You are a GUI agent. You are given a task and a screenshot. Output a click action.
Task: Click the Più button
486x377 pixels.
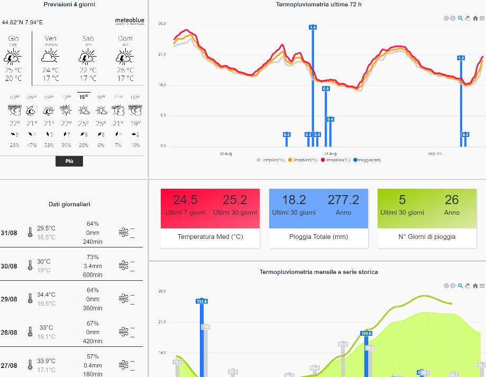69,161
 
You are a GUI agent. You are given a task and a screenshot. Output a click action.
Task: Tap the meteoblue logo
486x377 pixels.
130,22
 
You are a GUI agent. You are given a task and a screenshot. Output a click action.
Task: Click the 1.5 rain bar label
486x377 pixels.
313,27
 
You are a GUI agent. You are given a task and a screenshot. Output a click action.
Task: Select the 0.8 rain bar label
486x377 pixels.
326,88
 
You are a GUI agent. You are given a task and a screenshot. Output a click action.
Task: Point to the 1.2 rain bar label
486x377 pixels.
461,58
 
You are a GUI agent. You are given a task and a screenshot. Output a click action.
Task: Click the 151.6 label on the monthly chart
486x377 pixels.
201,301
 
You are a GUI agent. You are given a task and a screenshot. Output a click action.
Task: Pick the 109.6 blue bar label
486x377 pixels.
366,333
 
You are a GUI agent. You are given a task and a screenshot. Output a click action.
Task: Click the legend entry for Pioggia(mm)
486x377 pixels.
367,160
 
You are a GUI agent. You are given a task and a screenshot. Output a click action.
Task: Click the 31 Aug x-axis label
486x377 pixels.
330,153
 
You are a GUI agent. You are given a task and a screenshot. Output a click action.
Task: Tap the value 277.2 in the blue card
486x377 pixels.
343,199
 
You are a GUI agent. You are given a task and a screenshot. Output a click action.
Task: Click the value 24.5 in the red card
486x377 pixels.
185,199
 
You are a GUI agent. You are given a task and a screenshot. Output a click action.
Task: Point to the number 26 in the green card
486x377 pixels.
452,199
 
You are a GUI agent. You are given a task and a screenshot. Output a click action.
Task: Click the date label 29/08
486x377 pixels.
9,299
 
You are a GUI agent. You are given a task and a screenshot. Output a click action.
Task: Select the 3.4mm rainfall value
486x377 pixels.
93,266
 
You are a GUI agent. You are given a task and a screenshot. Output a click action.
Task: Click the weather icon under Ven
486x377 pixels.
50,57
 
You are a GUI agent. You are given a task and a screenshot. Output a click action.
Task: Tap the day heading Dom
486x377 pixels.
125,39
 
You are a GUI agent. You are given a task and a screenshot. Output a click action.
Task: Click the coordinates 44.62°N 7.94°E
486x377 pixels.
22,22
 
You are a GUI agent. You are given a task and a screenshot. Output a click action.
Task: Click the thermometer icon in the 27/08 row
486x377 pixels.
30,365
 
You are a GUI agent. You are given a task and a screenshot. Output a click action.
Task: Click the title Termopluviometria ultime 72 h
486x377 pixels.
318,5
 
